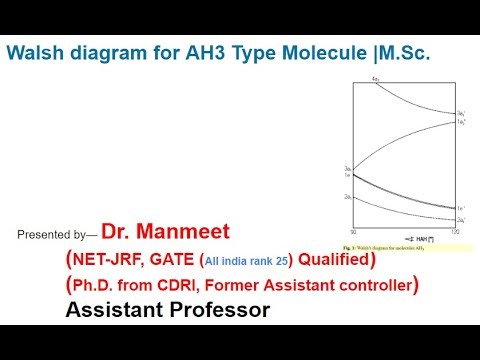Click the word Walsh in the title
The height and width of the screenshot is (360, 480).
tap(37, 56)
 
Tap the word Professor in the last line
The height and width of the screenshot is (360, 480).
tap(214, 311)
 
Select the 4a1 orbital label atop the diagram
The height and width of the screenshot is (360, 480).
tap(376, 79)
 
